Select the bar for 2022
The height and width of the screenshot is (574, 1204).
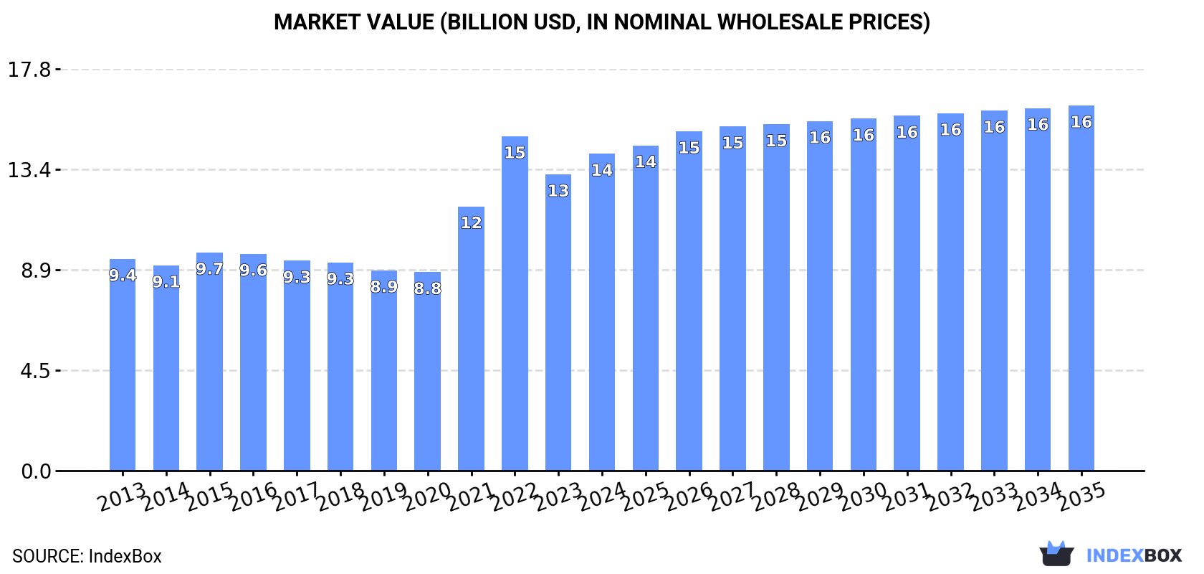tap(515, 309)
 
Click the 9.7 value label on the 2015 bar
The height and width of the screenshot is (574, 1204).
tap(209, 269)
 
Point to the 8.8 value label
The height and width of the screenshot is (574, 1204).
tap(427, 288)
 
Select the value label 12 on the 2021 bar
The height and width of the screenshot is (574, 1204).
tap(471, 222)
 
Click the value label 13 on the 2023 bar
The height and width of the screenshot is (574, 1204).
tap(558, 191)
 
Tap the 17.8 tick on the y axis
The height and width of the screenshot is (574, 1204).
tap(29, 70)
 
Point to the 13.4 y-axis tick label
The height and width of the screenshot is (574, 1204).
tap(29, 170)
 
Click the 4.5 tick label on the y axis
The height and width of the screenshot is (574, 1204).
tap(35, 371)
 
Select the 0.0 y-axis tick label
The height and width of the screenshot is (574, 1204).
tap(35, 471)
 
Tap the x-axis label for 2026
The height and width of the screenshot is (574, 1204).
tap(689, 497)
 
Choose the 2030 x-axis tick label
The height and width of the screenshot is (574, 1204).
tap(863, 497)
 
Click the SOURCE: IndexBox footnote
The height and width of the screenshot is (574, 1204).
tap(87, 556)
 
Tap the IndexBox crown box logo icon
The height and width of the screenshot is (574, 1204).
tap(1056, 554)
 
